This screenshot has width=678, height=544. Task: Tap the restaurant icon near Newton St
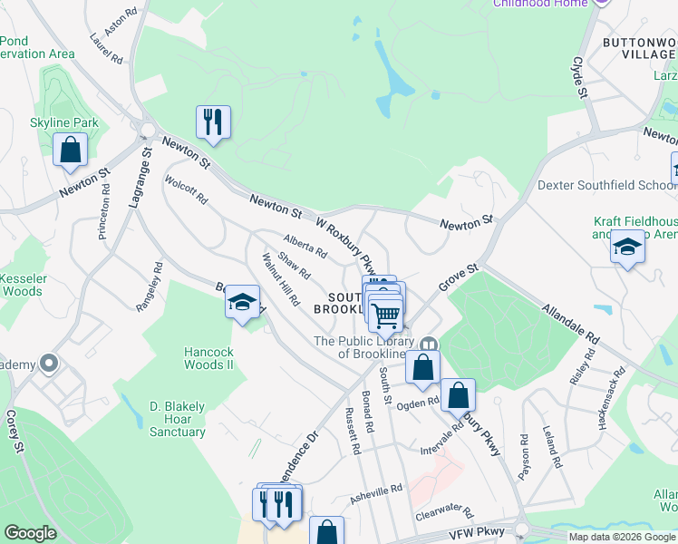pyautogui.click(x=213, y=121)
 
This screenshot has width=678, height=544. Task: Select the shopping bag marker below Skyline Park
pyautogui.click(x=70, y=150)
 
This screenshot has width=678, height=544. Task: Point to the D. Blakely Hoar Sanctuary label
pyautogui.click(x=177, y=418)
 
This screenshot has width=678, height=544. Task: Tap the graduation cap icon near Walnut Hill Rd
pyautogui.click(x=242, y=302)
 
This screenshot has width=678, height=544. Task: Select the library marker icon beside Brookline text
pyautogui.click(x=429, y=343)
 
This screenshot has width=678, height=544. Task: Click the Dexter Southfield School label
pyautogui.click(x=605, y=185)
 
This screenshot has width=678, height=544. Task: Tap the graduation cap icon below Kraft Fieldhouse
pyautogui.click(x=626, y=247)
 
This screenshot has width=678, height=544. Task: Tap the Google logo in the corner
pyautogui.click(x=30, y=533)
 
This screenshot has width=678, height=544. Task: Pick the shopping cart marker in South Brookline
pyautogui.click(x=387, y=315)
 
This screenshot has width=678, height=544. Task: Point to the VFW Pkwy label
pyautogui.click(x=474, y=535)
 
